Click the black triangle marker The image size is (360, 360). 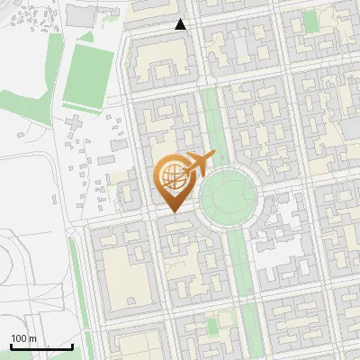point(181,24)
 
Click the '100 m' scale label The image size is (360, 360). point(23,338)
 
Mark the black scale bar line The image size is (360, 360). point(41,346)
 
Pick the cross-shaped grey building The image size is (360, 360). point(74,121)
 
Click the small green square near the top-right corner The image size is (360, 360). point(310,21)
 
